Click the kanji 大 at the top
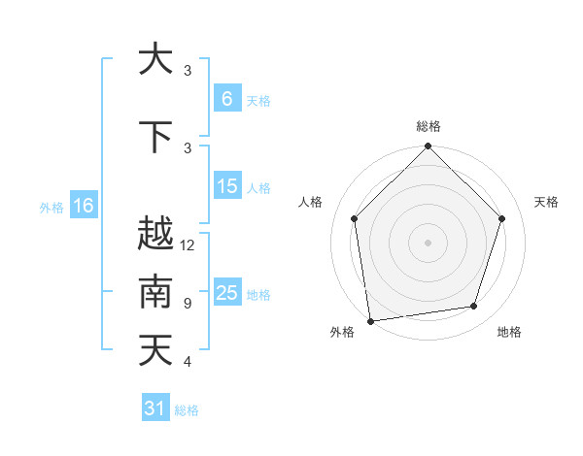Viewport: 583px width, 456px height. pos(155,59)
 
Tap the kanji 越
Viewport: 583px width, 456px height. pos(155,234)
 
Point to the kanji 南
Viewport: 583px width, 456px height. pos(155,292)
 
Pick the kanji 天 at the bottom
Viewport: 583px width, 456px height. pos(155,350)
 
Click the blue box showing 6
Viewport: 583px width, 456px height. pos(226,98)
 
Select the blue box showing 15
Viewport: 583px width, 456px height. pos(226,186)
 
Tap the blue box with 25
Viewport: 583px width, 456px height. pos(226,293)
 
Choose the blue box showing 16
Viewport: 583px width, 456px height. pos(83,206)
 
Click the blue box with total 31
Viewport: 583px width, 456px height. pos(155,408)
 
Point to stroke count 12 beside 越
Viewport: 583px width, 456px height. pos(188,245)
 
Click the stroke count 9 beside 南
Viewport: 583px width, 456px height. pos(188,304)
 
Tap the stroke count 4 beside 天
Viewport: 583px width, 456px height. pos(188,362)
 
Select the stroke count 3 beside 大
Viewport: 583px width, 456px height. pos(188,71)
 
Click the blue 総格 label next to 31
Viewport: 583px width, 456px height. pos(187,410)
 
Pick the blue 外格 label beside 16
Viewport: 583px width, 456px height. pos(51,207)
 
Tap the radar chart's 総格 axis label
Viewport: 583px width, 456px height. pos(428,126)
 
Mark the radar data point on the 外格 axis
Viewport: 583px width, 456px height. pos(370,320)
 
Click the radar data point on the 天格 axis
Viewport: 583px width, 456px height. pos(502,218)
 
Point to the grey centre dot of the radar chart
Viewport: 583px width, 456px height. pos(428,242)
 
